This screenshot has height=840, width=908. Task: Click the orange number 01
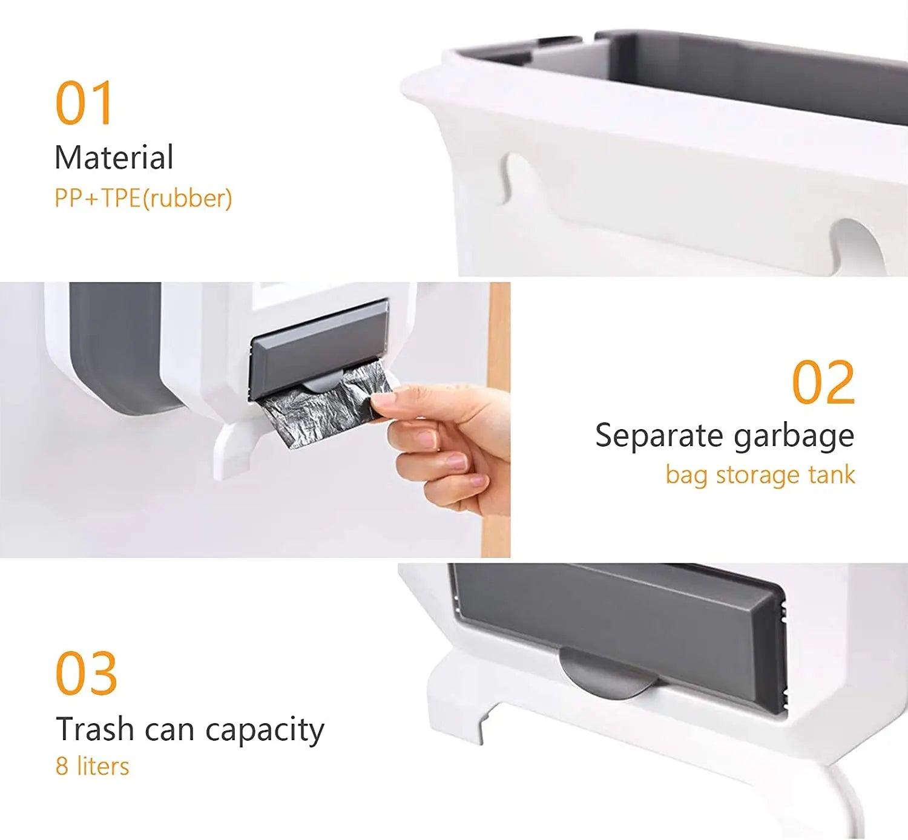coord(84,103)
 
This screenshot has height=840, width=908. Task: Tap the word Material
coord(114,157)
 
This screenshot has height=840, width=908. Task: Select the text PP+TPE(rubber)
coord(143,199)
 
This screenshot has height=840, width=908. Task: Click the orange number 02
coord(823,382)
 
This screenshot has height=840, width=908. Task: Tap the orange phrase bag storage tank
coord(760,474)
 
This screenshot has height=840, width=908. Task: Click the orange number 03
coord(86,674)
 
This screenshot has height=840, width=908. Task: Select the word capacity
coord(265,730)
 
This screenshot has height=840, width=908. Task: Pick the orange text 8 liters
coord(92,766)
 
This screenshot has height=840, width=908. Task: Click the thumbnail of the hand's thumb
coord(383,401)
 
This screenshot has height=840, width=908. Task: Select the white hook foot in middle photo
coord(233,448)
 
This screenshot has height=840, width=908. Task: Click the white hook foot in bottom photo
coord(460,696)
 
